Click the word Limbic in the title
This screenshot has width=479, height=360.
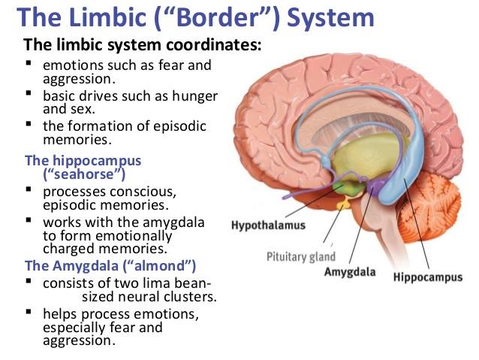(x=107, y=17)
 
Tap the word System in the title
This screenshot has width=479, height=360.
(x=330, y=18)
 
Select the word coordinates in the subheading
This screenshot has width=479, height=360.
(x=213, y=44)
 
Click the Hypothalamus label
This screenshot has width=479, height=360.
(x=268, y=225)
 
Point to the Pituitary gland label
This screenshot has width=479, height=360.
(x=301, y=256)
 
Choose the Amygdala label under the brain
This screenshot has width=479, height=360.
(x=350, y=271)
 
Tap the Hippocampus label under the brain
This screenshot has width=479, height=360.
(x=428, y=277)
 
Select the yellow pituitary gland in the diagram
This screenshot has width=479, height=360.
(x=344, y=204)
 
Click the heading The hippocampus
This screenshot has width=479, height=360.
(x=83, y=161)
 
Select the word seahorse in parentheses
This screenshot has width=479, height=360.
(x=84, y=174)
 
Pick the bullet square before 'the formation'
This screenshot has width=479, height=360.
(x=29, y=124)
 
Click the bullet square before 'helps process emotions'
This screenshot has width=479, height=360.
(x=29, y=312)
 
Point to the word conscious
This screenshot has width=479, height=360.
(x=143, y=192)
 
